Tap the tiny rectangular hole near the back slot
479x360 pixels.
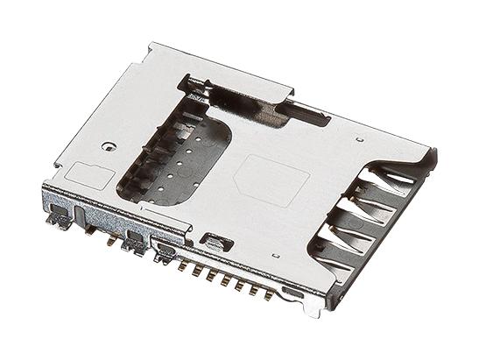pyautogui.click(x=359, y=138)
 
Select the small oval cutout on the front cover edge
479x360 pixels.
pyautogui.click(x=212, y=238)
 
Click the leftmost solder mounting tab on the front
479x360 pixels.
pyautogui.click(x=60, y=219)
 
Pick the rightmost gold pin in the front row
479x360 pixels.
pyautogui.click(x=264, y=292)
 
